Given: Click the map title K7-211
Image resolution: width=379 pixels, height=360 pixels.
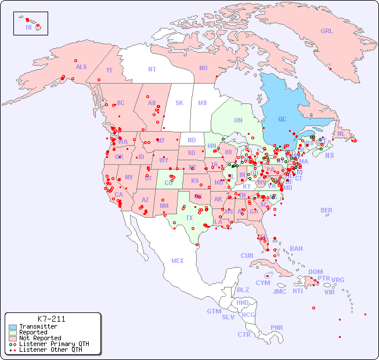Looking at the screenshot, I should click(x=51, y=319).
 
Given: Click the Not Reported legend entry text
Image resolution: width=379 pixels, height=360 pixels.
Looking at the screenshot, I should click(x=39, y=338).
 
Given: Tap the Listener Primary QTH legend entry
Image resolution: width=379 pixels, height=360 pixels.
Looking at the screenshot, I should click(x=46, y=344).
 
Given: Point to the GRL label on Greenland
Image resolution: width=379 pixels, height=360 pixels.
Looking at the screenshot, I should click(x=327, y=31).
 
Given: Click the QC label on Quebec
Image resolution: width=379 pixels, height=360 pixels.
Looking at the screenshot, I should click(x=282, y=119).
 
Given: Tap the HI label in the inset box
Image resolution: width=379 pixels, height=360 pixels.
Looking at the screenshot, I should click(x=28, y=27).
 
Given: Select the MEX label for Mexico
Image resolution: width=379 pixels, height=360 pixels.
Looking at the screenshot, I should click(x=178, y=261).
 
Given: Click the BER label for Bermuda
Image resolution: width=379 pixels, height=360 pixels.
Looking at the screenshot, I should click(x=326, y=210).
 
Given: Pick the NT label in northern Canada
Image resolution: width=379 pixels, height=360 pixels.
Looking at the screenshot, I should click(x=152, y=69).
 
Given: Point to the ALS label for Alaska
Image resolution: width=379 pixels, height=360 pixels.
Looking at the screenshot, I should click(x=81, y=67).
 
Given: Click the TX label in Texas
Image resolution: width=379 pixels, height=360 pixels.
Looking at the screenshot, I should click(x=189, y=218).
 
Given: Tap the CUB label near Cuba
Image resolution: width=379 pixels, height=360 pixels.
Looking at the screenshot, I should click(x=247, y=255).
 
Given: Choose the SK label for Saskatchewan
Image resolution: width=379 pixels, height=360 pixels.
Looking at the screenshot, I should click(x=179, y=103).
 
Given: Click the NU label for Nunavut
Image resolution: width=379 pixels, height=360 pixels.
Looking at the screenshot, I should click(x=203, y=68).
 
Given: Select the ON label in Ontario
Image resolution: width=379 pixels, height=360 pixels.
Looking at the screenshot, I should click(x=238, y=120).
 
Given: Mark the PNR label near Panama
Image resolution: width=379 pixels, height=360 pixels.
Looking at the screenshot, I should click(x=277, y=327).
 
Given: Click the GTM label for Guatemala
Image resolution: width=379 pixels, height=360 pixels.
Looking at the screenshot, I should click(x=214, y=311).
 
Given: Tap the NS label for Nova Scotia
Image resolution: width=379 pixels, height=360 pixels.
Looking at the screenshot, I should click(x=329, y=155).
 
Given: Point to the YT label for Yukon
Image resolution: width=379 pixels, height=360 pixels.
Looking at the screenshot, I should click(x=109, y=70).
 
